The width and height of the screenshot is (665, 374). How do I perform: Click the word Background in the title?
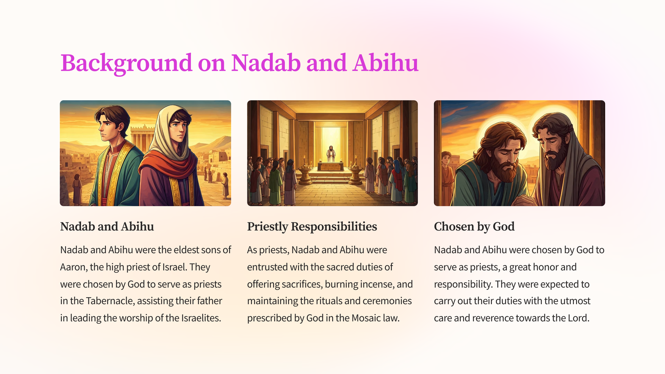[126, 63]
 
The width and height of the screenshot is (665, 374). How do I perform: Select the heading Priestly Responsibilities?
[312, 227]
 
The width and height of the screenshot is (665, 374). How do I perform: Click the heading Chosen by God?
[474, 227]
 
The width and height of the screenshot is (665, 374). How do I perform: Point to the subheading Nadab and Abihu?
[107, 226]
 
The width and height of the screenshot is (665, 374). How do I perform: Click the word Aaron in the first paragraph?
[73, 267]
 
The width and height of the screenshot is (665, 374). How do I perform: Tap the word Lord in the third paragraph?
[579, 318]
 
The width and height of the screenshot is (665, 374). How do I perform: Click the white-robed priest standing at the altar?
[331, 154]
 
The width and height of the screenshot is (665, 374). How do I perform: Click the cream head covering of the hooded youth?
[169, 132]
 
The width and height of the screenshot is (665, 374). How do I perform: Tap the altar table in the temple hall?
[331, 167]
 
